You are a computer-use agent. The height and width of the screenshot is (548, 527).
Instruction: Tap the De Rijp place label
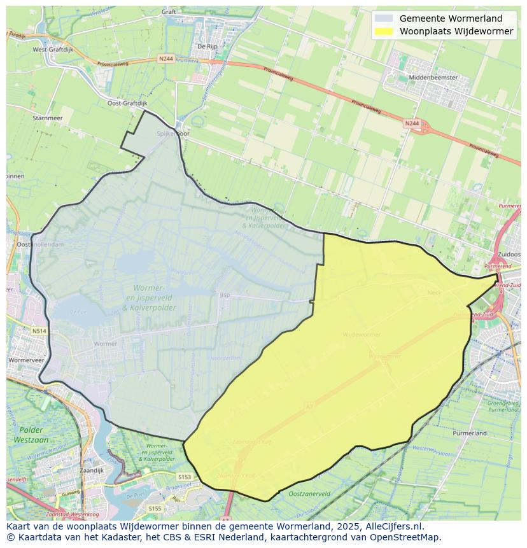coord(207,46)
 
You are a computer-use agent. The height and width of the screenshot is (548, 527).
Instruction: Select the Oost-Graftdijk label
coord(127,102)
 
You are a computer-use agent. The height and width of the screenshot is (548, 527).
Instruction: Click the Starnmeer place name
coord(46,118)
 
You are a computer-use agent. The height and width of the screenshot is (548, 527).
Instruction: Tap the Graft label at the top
coord(169,11)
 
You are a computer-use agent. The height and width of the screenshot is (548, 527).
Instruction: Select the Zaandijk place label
coord(92,470)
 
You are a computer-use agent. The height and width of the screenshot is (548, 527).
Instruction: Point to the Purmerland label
coord(470,433)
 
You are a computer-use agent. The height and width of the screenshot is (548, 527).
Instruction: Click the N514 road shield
coord(39,331)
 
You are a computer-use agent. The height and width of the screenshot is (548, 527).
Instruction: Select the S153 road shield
coord(185,476)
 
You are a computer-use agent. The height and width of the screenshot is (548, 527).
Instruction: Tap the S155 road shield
coord(155,509)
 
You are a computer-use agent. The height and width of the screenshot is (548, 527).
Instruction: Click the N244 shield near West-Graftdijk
coord(165,59)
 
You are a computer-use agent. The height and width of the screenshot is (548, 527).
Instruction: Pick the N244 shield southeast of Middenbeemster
coord(412,123)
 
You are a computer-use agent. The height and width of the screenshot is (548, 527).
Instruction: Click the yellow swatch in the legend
coord(384,31)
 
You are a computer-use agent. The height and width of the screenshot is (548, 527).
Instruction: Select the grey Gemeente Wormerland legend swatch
coord(384,18)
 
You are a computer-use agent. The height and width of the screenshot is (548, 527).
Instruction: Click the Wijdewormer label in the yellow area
coord(362,334)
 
